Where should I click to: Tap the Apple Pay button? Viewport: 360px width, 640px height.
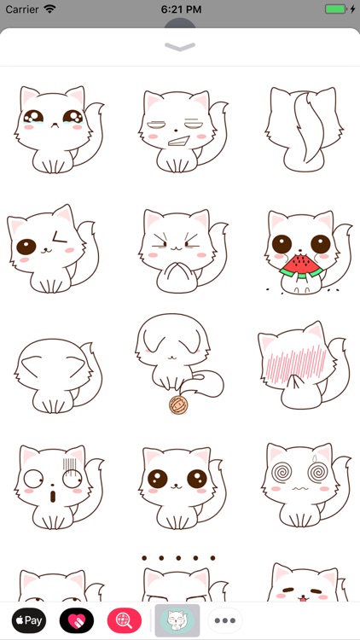pos(29,620)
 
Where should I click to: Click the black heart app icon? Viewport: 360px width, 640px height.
pos(77,620)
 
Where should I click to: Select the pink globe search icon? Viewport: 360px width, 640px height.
pos(125,620)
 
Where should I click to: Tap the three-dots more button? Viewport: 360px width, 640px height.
pos(225,620)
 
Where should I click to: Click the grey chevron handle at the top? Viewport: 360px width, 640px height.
pos(180,47)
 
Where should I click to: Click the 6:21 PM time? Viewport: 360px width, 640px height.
pos(179,9)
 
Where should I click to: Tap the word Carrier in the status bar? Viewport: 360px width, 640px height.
pos(23,9)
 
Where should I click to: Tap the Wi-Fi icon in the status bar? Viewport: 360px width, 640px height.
pos(50,9)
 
